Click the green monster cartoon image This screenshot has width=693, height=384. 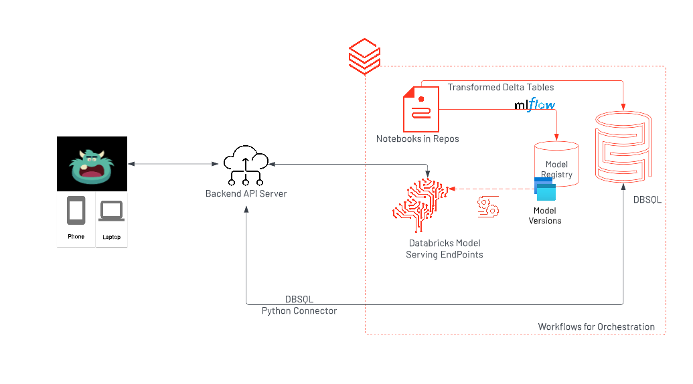pyautogui.click(x=92, y=165)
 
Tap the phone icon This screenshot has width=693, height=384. pyautogui.click(x=76, y=211)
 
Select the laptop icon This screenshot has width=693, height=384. pyautogui.click(x=111, y=211)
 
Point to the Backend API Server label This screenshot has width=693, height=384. pyautogui.click(x=246, y=194)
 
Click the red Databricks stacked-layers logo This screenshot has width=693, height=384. pyautogui.click(x=365, y=58)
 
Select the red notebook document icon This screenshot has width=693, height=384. pyautogui.click(x=420, y=109)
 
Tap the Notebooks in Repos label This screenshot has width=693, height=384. pyautogui.click(x=417, y=139)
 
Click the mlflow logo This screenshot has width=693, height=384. pyautogui.click(x=534, y=105)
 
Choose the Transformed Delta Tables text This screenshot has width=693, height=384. pyautogui.click(x=501, y=87)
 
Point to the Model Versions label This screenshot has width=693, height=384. pyautogui.click(x=545, y=216)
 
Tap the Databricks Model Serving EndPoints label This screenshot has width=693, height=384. pyautogui.click(x=444, y=249)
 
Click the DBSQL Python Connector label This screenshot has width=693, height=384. pyautogui.click(x=299, y=305)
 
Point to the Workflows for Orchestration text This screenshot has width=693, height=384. pyautogui.click(x=596, y=327)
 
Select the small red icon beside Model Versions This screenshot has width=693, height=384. pyautogui.click(x=487, y=207)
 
